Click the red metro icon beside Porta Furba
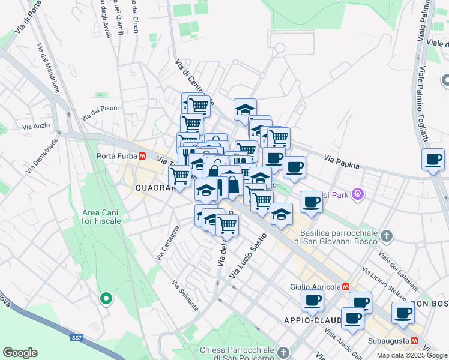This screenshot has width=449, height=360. click(x=142, y=156)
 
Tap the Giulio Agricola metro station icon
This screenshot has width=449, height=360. click(x=346, y=287)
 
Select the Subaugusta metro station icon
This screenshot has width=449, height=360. click(x=414, y=341)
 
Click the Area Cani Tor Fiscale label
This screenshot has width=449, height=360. click(x=101, y=217)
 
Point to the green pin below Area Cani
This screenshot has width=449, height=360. click(x=106, y=298)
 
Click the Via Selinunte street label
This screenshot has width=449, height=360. click(x=185, y=295)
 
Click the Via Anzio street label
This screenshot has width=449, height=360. click(x=37, y=126)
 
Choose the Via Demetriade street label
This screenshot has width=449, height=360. click(x=42, y=155)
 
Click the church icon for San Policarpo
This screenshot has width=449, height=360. click(x=284, y=351)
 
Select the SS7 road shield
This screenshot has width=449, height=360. click(x=76, y=338)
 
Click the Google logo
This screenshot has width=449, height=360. click(x=20, y=353)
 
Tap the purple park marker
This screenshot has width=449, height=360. click(x=359, y=194)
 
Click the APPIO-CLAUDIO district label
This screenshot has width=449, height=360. click(x=312, y=320)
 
